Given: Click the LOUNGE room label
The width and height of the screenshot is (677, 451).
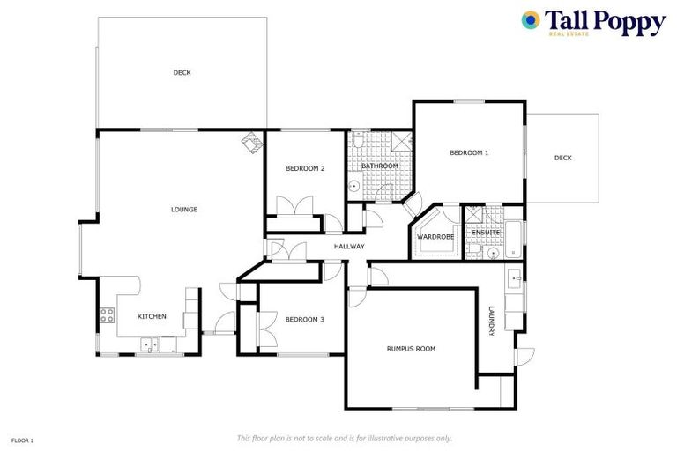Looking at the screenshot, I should [184, 210].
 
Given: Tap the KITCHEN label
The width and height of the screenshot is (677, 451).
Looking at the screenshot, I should [152, 316].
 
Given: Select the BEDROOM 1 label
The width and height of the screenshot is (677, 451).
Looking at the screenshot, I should [468, 153].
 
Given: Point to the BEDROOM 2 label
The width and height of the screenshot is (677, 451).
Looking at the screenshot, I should [305, 168].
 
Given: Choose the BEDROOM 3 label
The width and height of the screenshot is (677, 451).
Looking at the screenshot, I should [304, 319].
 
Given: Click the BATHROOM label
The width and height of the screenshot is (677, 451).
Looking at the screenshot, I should [380, 166].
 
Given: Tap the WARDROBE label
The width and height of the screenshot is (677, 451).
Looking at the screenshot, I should [435, 237].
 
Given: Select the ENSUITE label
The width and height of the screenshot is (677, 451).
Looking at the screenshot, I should [486, 233].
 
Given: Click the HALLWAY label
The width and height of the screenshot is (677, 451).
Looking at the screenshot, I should [349, 246].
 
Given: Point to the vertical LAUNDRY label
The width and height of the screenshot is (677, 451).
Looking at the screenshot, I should [491, 321].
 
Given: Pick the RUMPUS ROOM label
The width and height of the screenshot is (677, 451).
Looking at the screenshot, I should [411, 349].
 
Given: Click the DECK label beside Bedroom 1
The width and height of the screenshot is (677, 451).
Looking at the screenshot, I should [562, 159].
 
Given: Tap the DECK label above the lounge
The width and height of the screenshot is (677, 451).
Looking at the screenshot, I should [182, 73].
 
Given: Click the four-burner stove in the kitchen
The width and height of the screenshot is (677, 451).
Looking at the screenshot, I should [108, 314].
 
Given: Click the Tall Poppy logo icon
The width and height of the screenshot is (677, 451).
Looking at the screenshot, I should [531, 20].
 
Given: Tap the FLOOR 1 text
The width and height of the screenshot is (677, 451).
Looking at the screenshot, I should [22, 440].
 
